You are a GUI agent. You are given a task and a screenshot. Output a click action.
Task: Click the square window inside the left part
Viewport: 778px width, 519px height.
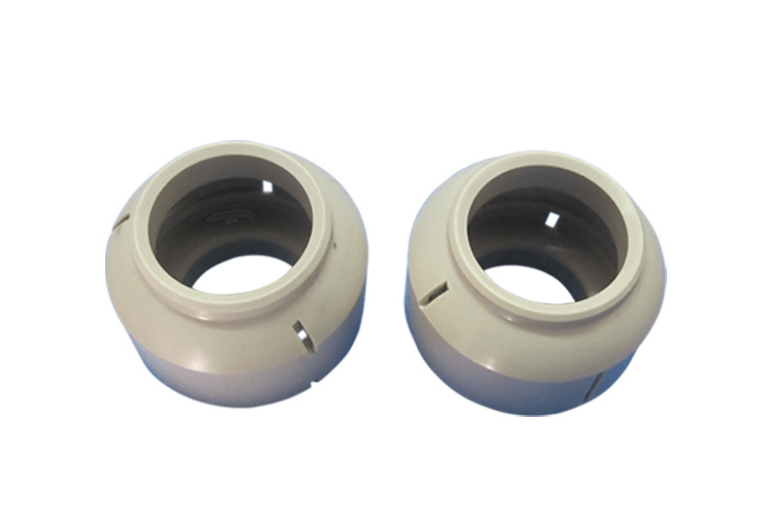point(266,184)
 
